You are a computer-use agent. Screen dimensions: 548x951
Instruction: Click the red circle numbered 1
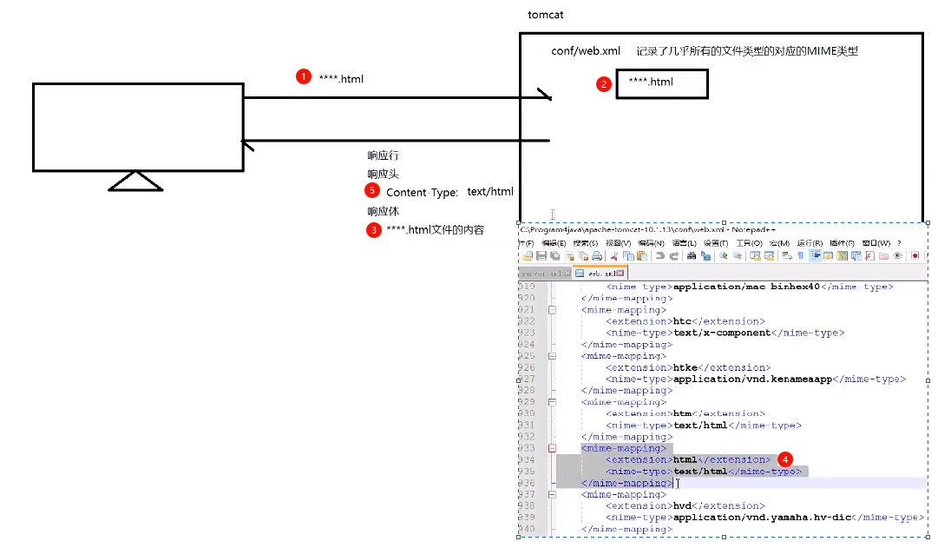[303, 76]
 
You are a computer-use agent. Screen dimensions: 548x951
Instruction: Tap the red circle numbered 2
[603, 84]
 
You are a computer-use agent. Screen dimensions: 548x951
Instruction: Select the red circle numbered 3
[373, 230]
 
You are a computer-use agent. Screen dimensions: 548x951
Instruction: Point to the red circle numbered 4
[784, 458]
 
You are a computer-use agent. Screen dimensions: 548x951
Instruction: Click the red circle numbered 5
[372, 189]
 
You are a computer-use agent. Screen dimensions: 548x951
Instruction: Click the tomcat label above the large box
[546, 16]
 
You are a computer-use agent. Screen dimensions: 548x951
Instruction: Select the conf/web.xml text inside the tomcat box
[586, 51]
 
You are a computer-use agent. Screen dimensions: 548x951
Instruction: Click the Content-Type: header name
[422, 192]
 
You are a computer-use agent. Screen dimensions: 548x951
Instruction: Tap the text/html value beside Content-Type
[490, 192]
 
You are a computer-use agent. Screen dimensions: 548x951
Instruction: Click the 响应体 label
[383, 211]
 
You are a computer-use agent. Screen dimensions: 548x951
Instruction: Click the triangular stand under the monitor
[136, 181]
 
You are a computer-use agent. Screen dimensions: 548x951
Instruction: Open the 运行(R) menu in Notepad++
[810, 243]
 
